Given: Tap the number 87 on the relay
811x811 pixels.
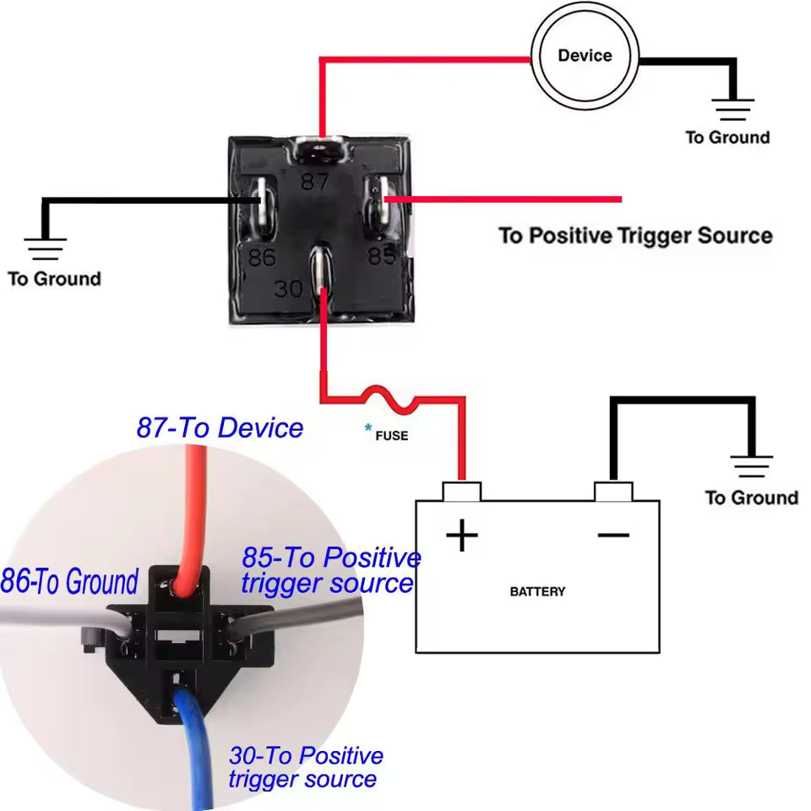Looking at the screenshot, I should pyautogui.click(x=315, y=182).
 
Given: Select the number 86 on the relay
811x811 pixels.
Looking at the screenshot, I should pyautogui.click(x=262, y=256).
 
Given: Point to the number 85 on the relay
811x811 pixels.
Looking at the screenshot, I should pyautogui.click(x=381, y=255).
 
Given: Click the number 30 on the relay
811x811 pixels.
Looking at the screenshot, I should pyautogui.click(x=289, y=289).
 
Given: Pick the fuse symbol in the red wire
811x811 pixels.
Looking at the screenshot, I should pyautogui.click(x=389, y=398).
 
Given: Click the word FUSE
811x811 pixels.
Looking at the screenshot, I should pyautogui.click(x=391, y=436).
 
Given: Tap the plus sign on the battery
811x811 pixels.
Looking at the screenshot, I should pyautogui.click(x=461, y=535).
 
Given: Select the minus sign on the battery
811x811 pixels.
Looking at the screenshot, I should pyautogui.click(x=613, y=534).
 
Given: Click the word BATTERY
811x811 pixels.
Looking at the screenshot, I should pyautogui.click(x=537, y=591).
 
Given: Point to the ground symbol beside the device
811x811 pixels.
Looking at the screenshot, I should pyautogui.click(x=732, y=108).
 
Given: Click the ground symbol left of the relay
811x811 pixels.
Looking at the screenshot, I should pyautogui.click(x=45, y=248).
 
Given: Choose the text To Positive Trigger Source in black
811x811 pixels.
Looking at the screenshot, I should pyautogui.click(x=635, y=235).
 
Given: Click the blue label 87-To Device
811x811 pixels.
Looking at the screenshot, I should pyautogui.click(x=220, y=427).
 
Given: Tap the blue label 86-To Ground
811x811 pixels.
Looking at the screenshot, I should pyautogui.click(x=69, y=582).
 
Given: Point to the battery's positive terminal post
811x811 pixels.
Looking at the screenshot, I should pyautogui.click(x=461, y=491).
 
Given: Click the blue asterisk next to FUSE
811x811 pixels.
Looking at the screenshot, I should pyautogui.click(x=368, y=429).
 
